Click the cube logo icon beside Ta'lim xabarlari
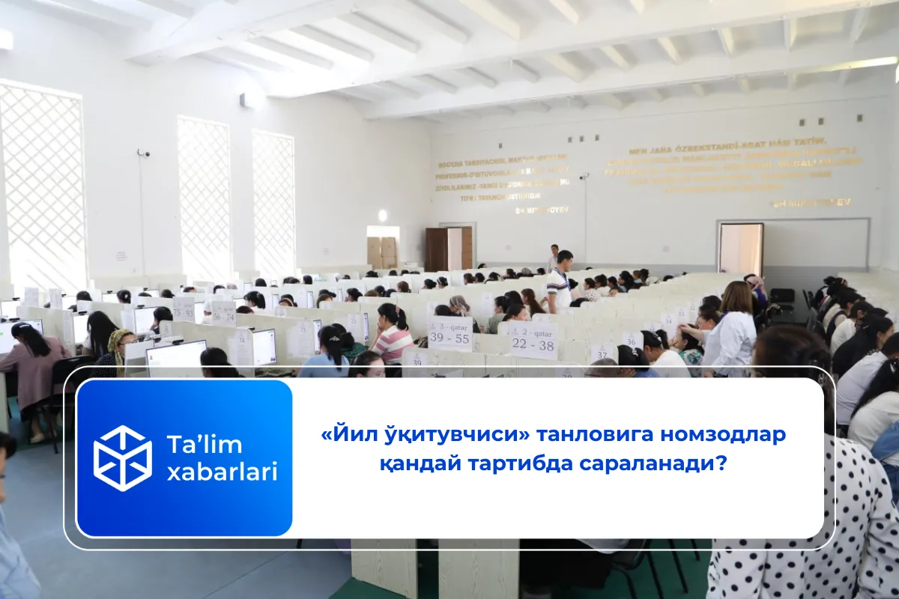click(122, 457)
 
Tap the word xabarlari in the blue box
click(222, 472)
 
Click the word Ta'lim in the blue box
click(205, 445)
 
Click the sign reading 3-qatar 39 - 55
click(450, 333)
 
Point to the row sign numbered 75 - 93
click(184, 308)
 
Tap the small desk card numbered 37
click(602, 352)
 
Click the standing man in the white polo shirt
click(560, 283)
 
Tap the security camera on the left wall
click(142, 153)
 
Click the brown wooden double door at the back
click(448, 249)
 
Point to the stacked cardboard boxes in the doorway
click(382, 252)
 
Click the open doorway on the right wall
click(740, 249)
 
